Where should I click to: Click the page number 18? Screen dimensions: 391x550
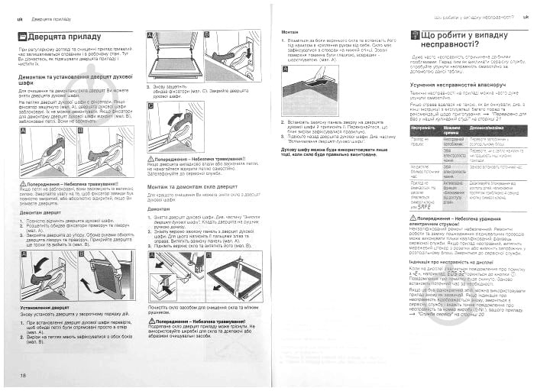point(24,376)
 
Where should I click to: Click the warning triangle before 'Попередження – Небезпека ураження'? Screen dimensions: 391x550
point(413,216)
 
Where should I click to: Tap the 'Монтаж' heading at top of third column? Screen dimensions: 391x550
point(290,31)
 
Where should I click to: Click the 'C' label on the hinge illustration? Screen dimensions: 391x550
point(150,107)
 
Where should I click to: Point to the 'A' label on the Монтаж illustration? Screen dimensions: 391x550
point(286,68)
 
